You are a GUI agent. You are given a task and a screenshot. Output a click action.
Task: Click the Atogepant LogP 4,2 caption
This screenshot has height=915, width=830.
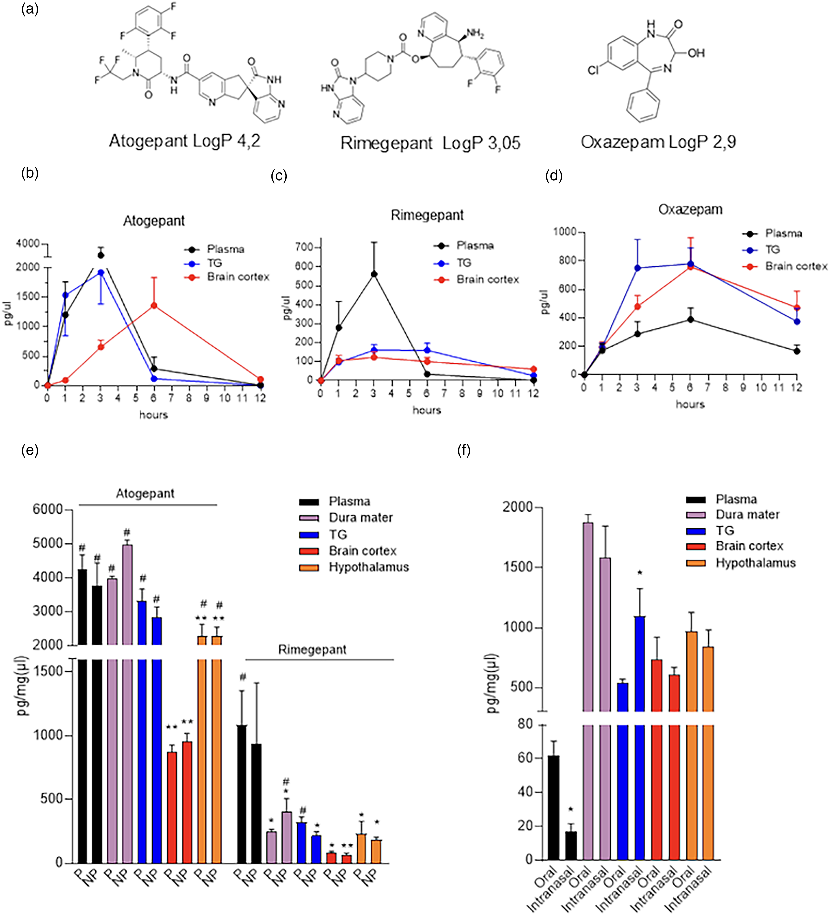click(185, 141)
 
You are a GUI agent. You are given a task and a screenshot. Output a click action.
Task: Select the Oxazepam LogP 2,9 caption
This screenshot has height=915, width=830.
click(658, 142)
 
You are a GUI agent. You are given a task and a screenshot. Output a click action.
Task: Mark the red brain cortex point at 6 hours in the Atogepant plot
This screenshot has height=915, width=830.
click(154, 306)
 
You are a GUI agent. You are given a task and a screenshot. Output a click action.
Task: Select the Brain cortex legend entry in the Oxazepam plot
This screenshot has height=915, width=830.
click(785, 266)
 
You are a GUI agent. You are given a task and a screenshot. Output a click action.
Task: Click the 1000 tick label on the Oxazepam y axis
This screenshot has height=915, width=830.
click(564, 232)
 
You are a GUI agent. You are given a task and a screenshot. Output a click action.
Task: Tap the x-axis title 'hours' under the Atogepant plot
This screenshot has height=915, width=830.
click(153, 415)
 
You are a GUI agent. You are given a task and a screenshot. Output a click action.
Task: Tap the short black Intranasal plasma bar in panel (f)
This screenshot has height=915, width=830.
click(571, 846)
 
